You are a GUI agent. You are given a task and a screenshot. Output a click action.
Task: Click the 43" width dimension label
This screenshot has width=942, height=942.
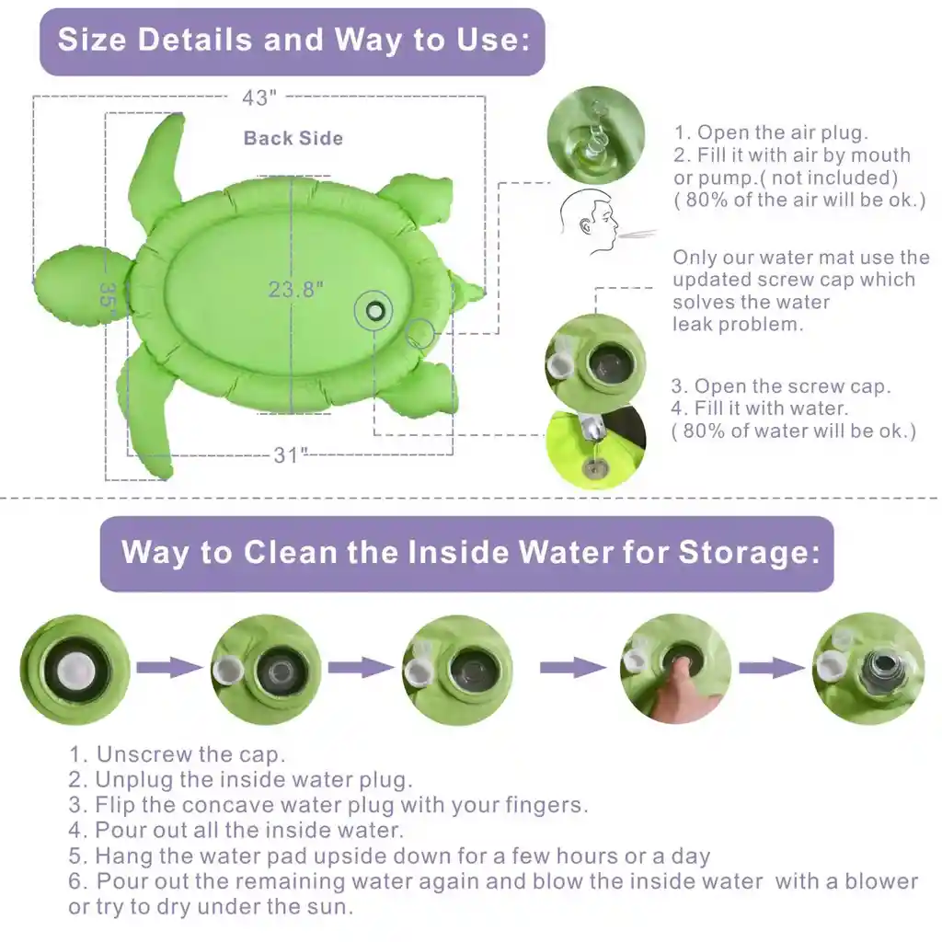click(x=260, y=97)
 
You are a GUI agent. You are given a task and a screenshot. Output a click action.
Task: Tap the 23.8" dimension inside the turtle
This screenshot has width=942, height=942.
click(x=295, y=290)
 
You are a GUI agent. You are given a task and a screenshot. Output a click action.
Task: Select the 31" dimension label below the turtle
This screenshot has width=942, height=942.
click(x=291, y=454)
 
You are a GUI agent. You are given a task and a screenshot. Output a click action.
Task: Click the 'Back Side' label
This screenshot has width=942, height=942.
click(x=293, y=139)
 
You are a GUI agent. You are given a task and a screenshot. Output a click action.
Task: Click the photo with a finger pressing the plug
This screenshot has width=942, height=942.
click(x=675, y=669)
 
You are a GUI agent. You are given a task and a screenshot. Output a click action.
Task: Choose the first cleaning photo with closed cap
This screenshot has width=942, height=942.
click(x=74, y=669)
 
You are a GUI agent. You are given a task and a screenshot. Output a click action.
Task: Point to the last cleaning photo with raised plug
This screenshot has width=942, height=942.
click(x=867, y=669)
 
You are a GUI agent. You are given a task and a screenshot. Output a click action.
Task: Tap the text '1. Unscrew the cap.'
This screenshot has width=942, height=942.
click(x=177, y=754)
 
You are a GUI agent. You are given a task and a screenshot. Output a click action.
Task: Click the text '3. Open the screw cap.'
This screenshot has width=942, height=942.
click(x=780, y=386)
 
